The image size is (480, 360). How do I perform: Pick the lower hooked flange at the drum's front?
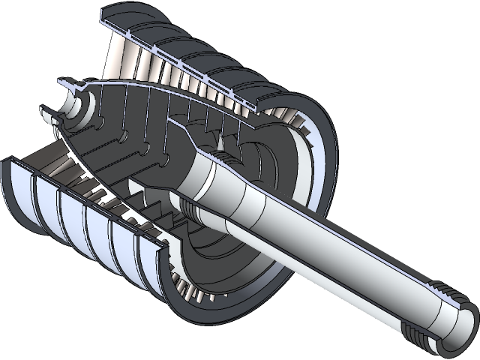(x=46, y=116)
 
